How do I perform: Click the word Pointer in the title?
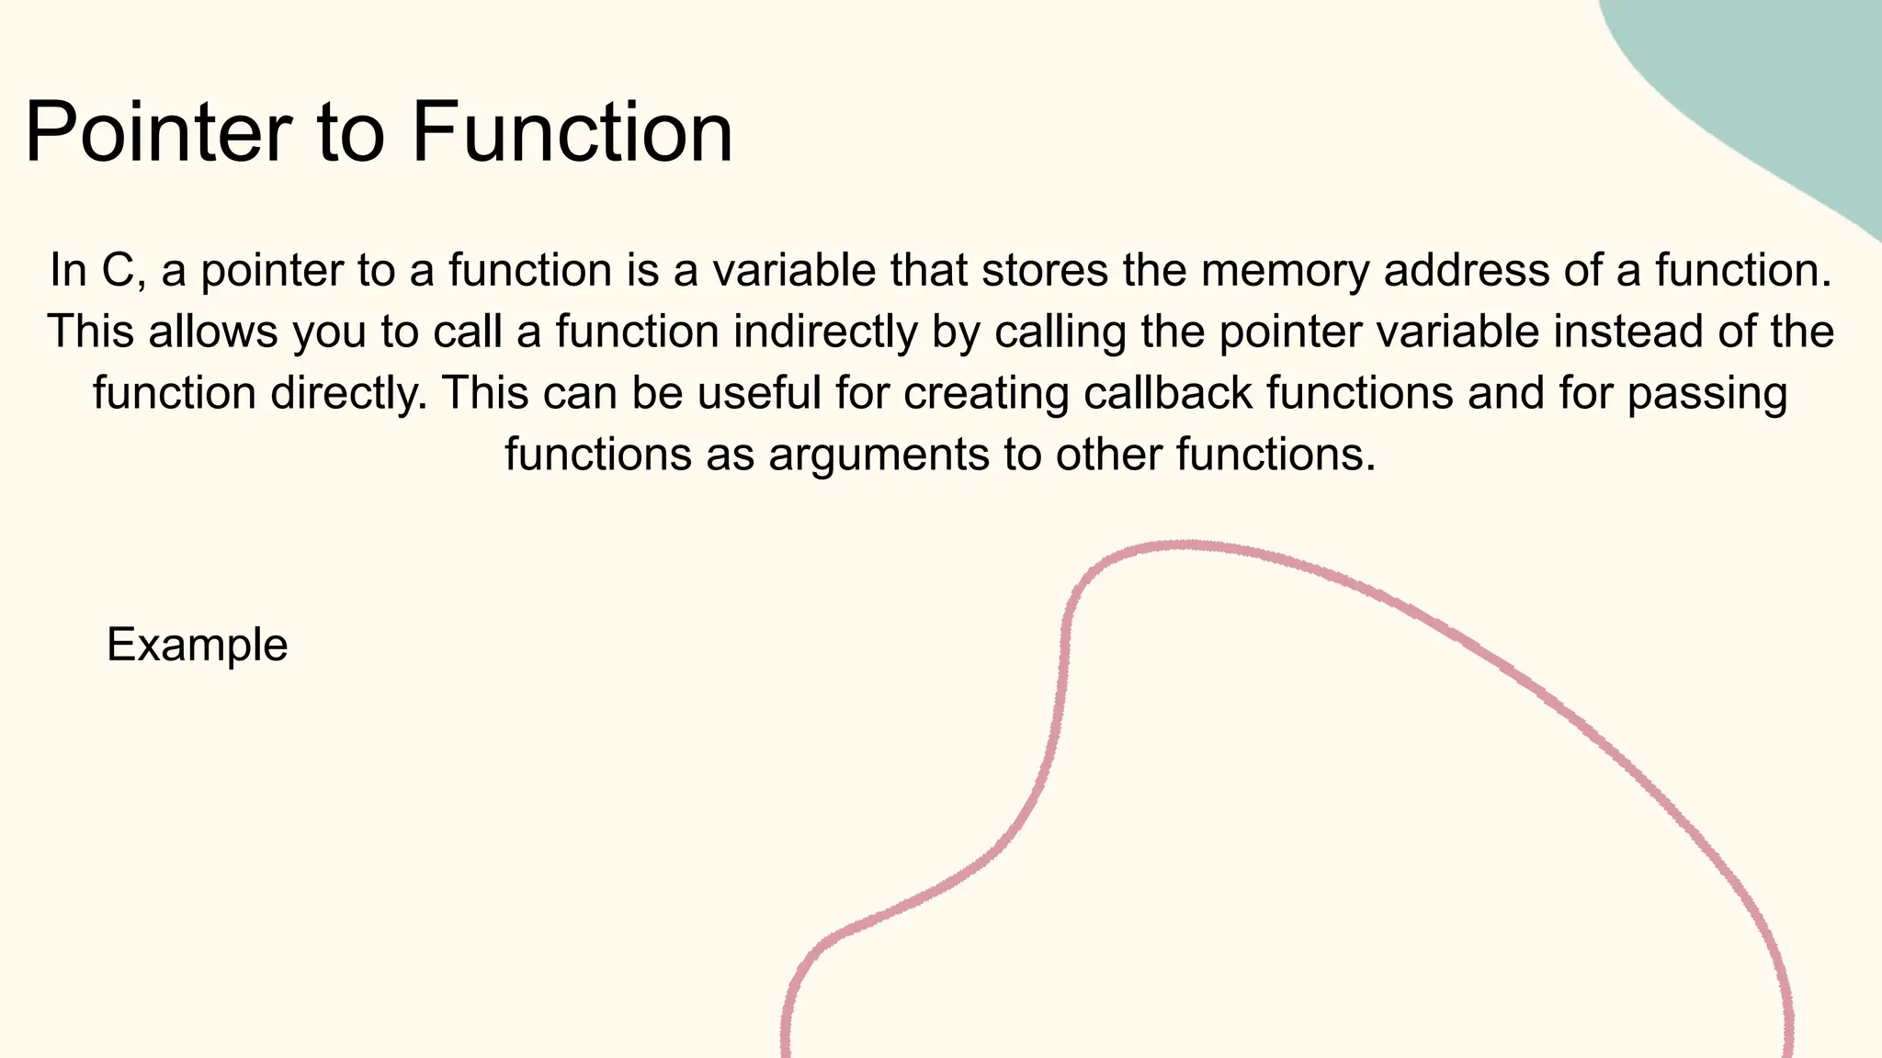(x=156, y=132)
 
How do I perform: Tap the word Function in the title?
(x=572, y=132)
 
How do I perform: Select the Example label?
(x=198, y=645)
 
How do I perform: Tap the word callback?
(x=1168, y=393)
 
